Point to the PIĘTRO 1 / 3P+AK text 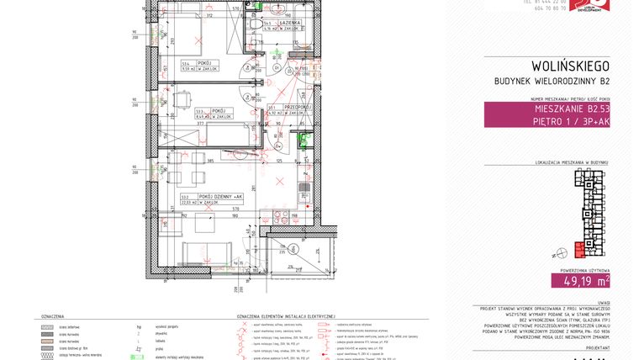tap(573, 122)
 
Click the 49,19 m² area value tap(580, 281)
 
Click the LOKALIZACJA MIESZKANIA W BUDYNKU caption tap(571, 161)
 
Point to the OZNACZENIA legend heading tap(52, 316)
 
